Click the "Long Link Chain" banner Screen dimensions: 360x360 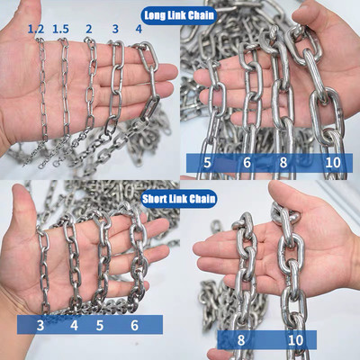coord(178,14)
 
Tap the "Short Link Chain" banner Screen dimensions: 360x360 coord(178,196)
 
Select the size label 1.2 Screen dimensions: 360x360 coord(36,29)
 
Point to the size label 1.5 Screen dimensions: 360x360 coord(61,29)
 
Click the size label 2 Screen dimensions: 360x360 coord(88,29)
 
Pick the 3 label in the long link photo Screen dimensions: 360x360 coord(115,29)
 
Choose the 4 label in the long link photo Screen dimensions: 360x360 coord(138,29)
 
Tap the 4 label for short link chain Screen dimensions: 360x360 coord(74,325)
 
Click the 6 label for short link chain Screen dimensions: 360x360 coord(135,325)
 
